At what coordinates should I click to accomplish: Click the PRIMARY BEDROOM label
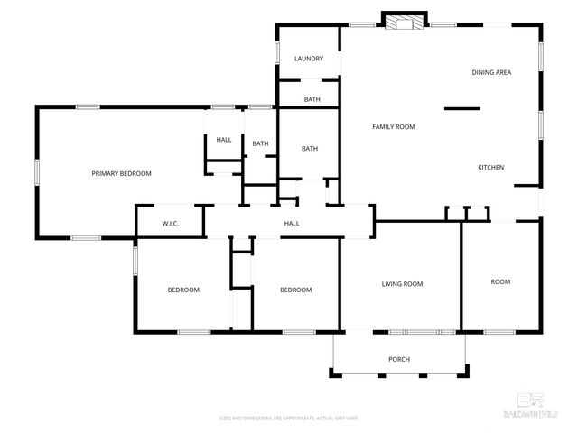121,173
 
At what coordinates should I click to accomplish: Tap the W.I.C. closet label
171,223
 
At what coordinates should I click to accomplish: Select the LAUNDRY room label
308,60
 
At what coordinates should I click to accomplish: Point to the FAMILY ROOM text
393,127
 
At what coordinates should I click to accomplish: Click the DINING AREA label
491,72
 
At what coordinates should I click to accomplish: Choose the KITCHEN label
490,168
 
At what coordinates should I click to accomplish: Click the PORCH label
399,359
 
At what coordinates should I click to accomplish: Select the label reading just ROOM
500,281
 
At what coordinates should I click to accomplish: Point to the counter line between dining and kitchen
461,109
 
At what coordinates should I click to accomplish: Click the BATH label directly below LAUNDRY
312,99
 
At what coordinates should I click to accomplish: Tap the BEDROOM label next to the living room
295,290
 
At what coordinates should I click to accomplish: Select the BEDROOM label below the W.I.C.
183,290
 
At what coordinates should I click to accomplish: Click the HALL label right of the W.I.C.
292,223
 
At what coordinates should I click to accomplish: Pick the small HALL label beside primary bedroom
223,140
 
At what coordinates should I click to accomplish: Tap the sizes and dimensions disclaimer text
289,418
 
